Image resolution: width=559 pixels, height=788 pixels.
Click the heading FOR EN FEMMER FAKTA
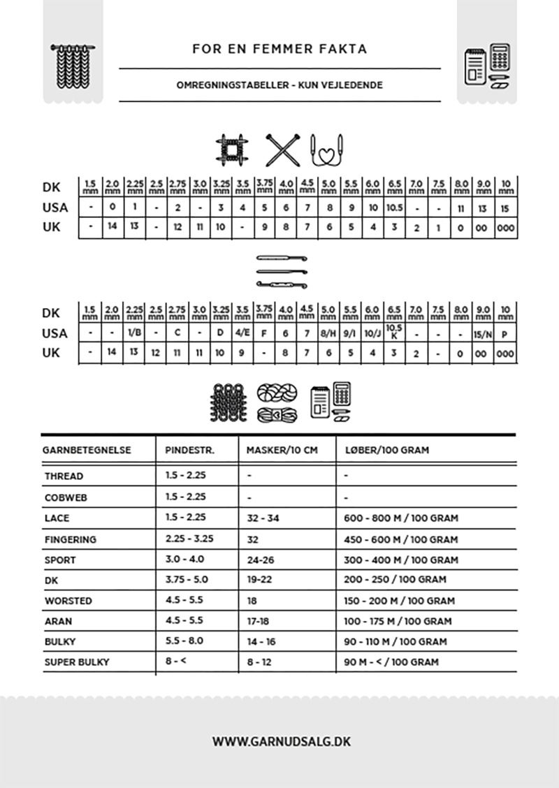pos(279,49)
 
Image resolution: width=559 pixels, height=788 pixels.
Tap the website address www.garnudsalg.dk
pos(281,741)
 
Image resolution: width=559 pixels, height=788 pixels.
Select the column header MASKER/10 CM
pos(282,450)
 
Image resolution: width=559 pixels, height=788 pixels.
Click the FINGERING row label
pos(71,539)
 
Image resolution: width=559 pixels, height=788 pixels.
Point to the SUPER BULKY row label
pos(77,662)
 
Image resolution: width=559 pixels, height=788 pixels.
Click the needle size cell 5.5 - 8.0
pos(184,641)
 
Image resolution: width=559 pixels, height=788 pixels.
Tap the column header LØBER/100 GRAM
pos(386,450)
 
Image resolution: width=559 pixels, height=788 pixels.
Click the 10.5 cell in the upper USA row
pos(395,207)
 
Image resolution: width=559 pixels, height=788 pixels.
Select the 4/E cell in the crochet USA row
pos(242,333)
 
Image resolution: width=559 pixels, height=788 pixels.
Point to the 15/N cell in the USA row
pos(482,334)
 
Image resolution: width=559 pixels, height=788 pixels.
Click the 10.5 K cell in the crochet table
pos(395,332)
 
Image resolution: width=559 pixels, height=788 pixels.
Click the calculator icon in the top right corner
pos(499,57)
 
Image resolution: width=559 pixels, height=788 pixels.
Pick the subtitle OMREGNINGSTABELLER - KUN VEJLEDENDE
pos(279,85)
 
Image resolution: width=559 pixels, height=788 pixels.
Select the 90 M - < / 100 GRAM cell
pos(391,662)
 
